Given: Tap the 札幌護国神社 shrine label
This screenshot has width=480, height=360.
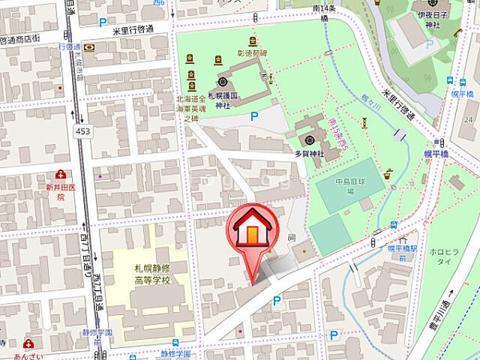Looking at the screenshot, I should [x=222, y=100].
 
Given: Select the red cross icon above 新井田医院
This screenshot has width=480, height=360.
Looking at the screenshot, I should [x=52, y=174].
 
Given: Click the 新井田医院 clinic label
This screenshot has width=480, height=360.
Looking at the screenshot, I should [x=53, y=192].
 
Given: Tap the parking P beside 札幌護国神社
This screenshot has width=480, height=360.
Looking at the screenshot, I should [x=253, y=115].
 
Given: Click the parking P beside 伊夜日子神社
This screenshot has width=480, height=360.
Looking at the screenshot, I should [x=430, y=44].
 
